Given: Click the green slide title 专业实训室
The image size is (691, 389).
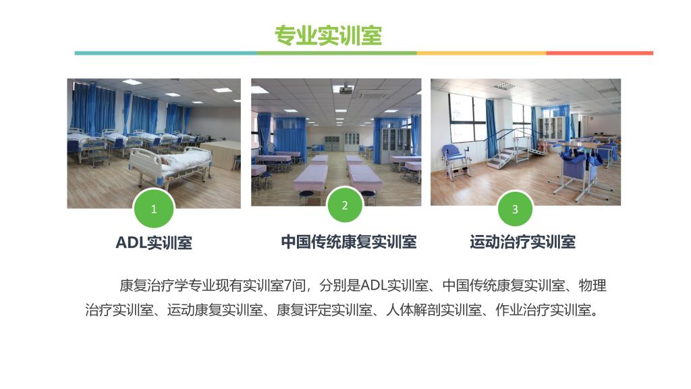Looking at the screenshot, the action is point(329,36).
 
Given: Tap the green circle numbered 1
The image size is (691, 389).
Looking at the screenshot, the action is point(154,209).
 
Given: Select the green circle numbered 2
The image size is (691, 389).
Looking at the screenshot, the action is point(345,205).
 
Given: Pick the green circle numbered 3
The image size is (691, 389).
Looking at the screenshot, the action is point(515,209).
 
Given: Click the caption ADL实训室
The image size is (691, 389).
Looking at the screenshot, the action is point(154,242).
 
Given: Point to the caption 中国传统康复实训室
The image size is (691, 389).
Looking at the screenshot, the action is point(349,242).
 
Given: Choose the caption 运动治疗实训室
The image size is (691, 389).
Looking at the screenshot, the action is point(523,242).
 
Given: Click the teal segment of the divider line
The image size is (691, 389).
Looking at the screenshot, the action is point(165,53).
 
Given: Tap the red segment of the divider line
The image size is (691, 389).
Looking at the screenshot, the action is point(600,53).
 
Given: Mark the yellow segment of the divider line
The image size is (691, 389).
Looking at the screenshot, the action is point(482,53).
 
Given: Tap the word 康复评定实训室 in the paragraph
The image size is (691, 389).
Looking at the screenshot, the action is point(325,310).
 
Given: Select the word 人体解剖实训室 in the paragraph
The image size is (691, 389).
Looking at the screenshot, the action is point(434,310).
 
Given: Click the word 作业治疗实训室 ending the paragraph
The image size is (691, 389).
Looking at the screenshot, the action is point(543,310).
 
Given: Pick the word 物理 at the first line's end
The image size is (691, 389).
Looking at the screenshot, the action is point(592,286).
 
